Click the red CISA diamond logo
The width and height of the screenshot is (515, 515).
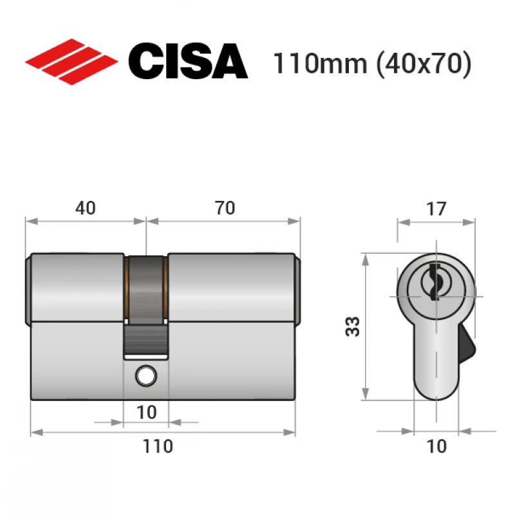(71, 62)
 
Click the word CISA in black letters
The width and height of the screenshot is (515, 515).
(188, 61)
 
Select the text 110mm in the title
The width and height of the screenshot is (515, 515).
(320, 63)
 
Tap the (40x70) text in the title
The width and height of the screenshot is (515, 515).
(424, 64)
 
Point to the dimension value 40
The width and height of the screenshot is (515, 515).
(86, 208)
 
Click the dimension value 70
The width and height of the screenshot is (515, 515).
(225, 208)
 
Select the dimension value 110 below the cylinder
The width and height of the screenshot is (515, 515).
(158, 446)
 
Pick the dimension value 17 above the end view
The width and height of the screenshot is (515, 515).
(436, 209)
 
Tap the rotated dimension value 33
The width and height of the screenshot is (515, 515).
(353, 326)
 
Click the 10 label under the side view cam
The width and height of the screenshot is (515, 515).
(147, 413)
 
